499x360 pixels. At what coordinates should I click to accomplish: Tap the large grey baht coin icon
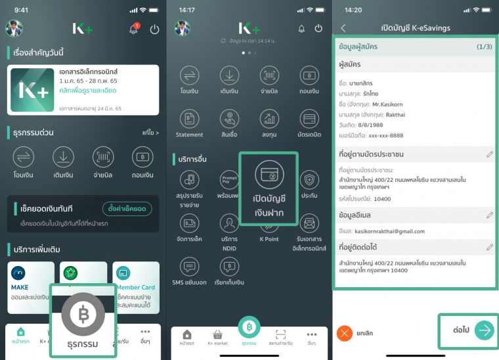tap(83, 314)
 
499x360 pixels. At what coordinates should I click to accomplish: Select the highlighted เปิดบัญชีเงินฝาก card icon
tap(268, 174)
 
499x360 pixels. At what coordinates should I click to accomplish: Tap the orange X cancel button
tap(345, 333)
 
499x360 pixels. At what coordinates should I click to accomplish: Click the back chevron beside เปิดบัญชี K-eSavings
tap(343, 28)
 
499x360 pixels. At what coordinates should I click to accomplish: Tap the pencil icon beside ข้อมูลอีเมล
tap(490, 215)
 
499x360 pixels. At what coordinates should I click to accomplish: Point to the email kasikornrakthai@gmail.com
tap(391, 231)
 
